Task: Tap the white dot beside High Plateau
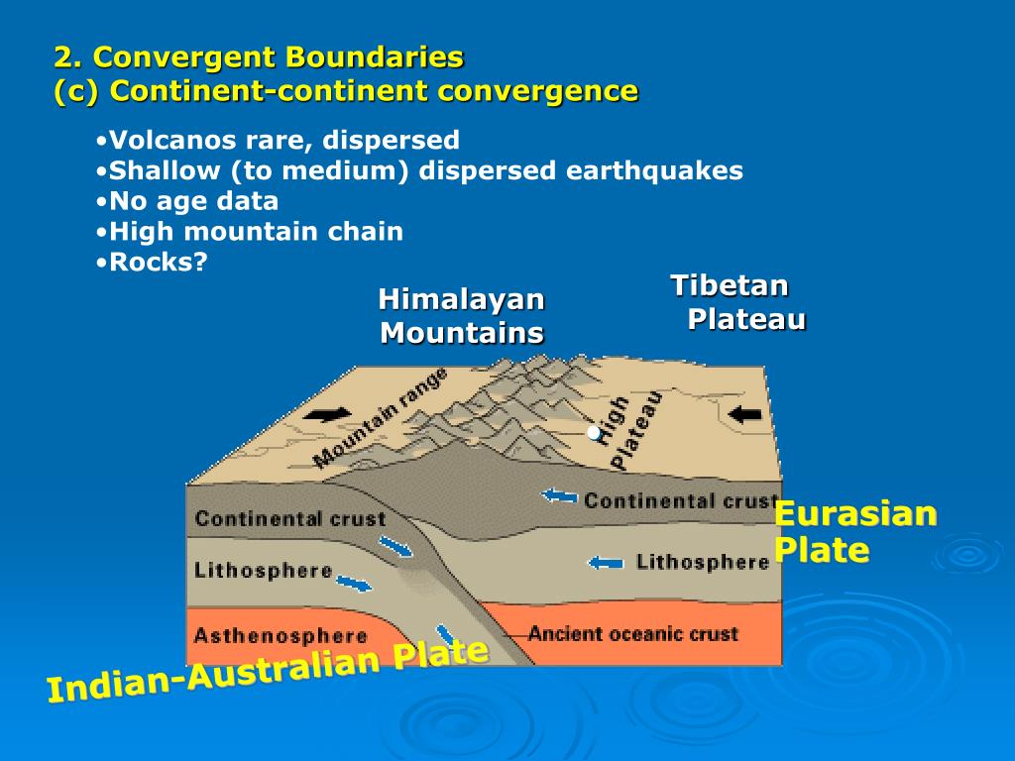pyautogui.click(x=594, y=432)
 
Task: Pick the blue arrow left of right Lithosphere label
pyautogui.click(x=605, y=563)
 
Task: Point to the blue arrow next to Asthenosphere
pyautogui.click(x=447, y=635)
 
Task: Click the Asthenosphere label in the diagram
pyautogui.click(x=281, y=636)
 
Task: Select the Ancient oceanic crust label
pyautogui.click(x=632, y=633)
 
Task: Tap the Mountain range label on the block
pyautogui.click(x=381, y=416)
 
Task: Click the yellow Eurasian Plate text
pyautogui.click(x=854, y=531)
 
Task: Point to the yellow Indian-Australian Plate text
pyautogui.click(x=268, y=673)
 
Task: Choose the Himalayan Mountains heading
pyautogui.click(x=462, y=315)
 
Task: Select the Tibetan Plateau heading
pyautogui.click(x=737, y=301)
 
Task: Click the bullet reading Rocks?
pyautogui.click(x=159, y=263)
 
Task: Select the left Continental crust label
pyautogui.click(x=289, y=518)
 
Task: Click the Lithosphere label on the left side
pyautogui.click(x=263, y=571)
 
